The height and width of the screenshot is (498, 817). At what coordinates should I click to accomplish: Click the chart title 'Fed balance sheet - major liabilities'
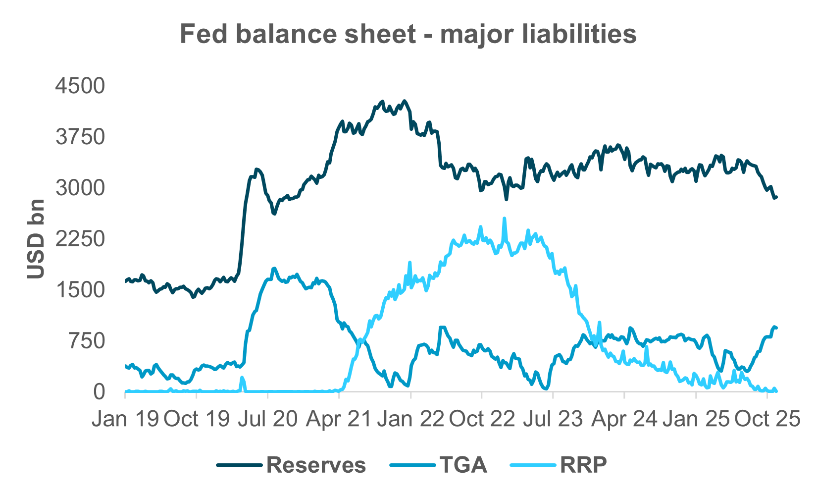click(x=408, y=35)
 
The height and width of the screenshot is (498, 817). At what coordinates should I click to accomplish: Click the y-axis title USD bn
click(x=36, y=239)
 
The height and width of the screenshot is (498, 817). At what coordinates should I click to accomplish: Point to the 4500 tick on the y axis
click(x=80, y=86)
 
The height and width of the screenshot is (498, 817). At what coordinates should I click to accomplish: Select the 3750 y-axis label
click(x=80, y=137)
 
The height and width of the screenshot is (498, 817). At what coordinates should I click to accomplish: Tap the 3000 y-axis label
click(x=80, y=188)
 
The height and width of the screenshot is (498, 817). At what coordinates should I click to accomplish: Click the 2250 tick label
click(x=80, y=239)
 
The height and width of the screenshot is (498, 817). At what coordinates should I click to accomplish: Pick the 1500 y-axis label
click(x=80, y=290)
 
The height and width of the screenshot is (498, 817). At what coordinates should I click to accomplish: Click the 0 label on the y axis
click(x=100, y=392)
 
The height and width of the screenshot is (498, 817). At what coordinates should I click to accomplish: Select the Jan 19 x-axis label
click(x=125, y=420)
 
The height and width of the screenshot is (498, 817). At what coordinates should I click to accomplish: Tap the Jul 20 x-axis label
click(x=267, y=420)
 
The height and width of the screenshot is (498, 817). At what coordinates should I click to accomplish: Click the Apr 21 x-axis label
click(x=339, y=420)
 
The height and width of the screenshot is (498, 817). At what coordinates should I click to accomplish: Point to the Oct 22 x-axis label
click(x=481, y=420)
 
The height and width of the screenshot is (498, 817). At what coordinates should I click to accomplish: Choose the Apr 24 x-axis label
click(x=624, y=420)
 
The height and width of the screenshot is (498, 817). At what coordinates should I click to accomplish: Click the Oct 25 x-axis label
click(x=767, y=420)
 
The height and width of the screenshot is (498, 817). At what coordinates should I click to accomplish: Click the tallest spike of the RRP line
click(x=504, y=219)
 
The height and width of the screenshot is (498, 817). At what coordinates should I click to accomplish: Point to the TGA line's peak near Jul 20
click(x=274, y=268)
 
